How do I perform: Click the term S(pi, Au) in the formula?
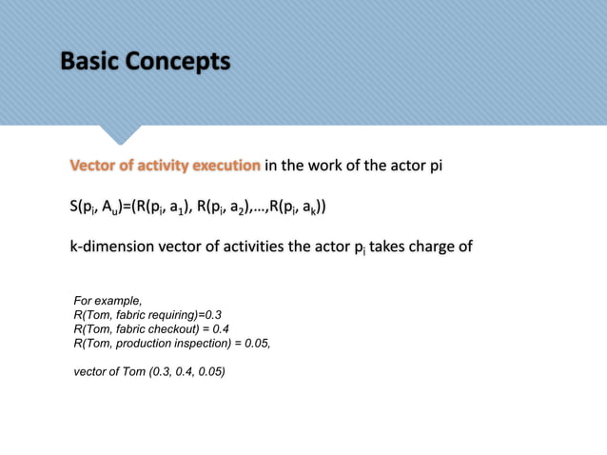click(97, 207)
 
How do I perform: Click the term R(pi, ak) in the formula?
click(303, 207)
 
